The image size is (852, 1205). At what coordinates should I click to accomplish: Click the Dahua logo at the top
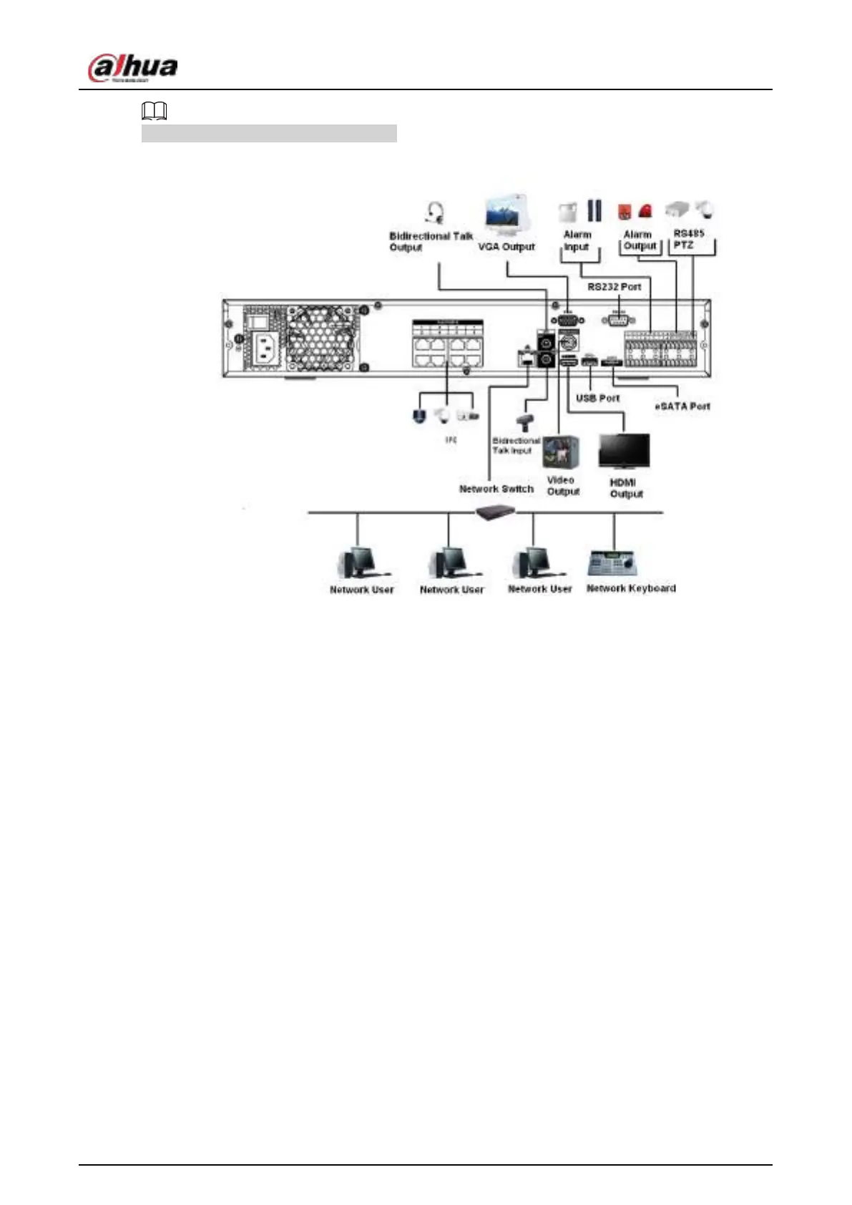click(x=132, y=68)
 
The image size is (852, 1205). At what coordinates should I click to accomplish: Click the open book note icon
click(x=154, y=111)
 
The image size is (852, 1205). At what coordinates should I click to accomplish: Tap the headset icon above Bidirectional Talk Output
click(x=434, y=213)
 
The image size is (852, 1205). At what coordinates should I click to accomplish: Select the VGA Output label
click(x=506, y=247)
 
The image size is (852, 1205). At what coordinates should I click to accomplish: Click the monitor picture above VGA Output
click(x=507, y=215)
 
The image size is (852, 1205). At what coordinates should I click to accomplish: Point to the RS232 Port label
click(x=614, y=287)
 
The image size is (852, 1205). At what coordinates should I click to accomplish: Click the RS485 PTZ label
click(x=688, y=239)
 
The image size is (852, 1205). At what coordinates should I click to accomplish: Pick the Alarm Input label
click(x=577, y=240)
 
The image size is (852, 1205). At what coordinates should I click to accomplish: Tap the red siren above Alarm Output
click(x=645, y=211)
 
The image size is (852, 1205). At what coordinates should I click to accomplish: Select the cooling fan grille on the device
click(x=322, y=338)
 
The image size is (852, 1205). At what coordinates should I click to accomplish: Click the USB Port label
click(x=597, y=398)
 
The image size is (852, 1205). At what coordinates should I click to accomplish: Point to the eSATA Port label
click(x=682, y=406)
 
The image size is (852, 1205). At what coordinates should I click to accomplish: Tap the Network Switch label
click(x=496, y=489)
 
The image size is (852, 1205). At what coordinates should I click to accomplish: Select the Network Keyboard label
click(x=631, y=588)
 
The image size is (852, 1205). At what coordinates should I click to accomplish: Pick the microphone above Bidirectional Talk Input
click(x=524, y=422)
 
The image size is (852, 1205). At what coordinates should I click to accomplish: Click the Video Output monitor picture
click(x=560, y=452)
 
